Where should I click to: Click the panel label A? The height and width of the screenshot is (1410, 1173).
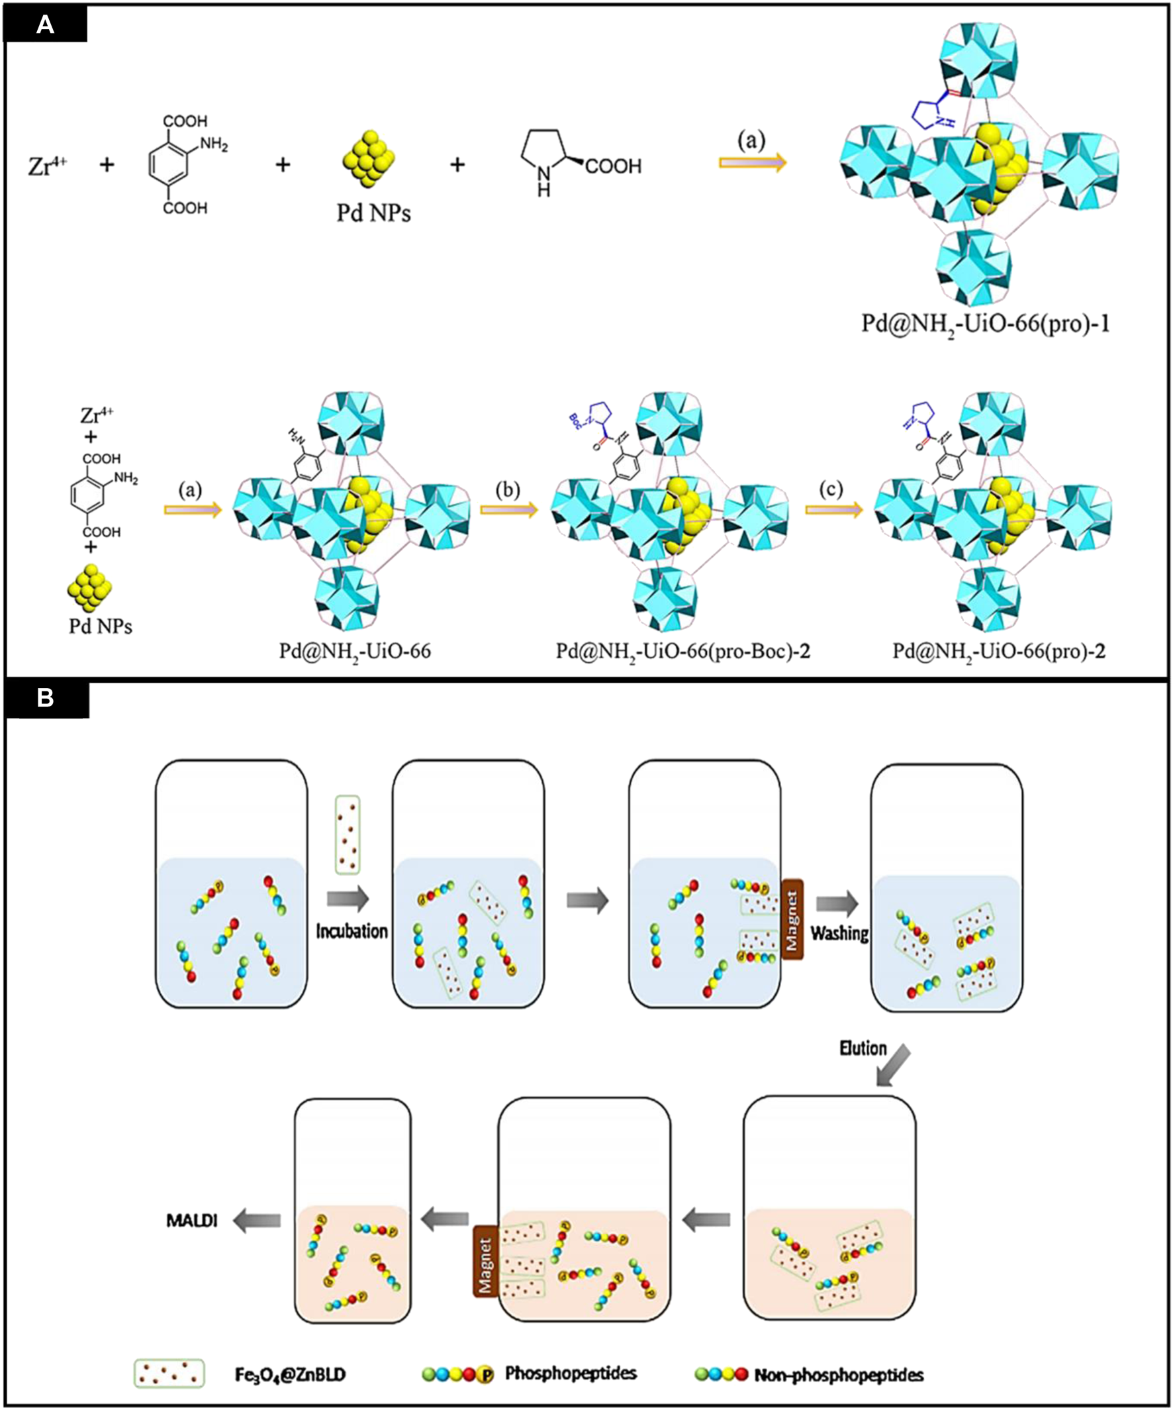45,25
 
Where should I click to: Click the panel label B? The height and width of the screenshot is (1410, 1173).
45,698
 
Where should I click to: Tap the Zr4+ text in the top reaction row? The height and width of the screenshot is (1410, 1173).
47,165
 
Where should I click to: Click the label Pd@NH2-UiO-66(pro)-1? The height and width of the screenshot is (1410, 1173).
985,325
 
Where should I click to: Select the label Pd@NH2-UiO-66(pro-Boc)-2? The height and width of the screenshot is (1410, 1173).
682,650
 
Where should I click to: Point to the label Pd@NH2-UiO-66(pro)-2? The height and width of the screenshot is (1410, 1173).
998,650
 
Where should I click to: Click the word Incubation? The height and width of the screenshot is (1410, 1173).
352,931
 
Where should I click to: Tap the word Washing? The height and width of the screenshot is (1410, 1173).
839,932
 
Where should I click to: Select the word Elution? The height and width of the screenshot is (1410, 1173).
863,1048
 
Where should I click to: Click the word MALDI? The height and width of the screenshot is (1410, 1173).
192,1220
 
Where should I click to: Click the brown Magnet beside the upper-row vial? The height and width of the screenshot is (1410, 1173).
792,919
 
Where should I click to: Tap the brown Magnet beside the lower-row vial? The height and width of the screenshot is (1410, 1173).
485,1261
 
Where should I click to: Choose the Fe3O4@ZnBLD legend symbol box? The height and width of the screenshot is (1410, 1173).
169,1374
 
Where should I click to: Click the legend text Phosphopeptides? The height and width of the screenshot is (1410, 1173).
571,1373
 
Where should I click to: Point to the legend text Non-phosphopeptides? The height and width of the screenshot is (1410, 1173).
838,1374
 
